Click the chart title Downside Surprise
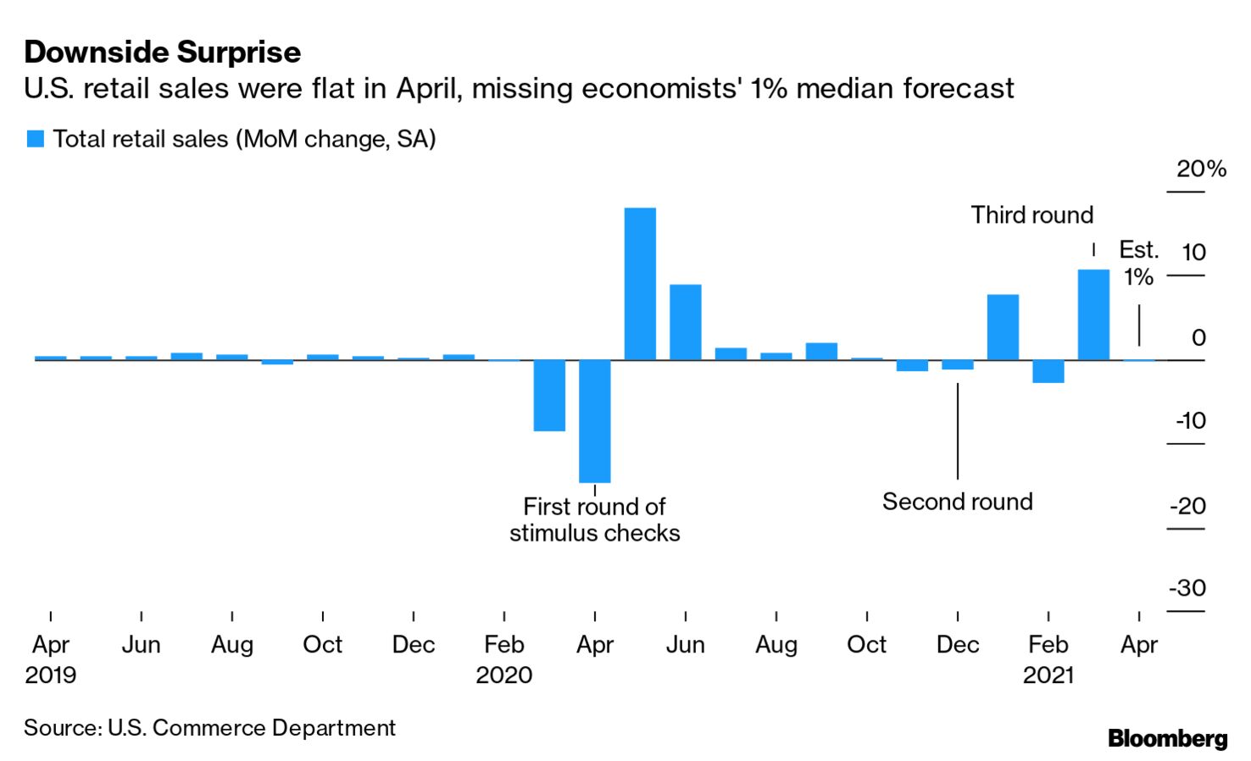[162, 53]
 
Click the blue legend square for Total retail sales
[35, 139]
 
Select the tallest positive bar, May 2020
[640, 284]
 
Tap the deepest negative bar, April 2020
[594, 421]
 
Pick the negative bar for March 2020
[549, 396]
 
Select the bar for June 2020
[685, 322]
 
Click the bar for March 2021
[1093, 314]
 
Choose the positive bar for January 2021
[1003, 327]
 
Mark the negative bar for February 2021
[1048, 371]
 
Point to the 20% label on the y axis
[1201, 169]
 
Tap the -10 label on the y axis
[1190, 421]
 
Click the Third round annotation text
[1031, 215]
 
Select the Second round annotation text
[957, 502]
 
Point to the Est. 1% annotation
[1138, 263]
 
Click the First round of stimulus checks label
[594, 519]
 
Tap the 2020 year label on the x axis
[503, 675]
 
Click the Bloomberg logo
[1167, 738]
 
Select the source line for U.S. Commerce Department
[209, 728]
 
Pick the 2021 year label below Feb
[1048, 675]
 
